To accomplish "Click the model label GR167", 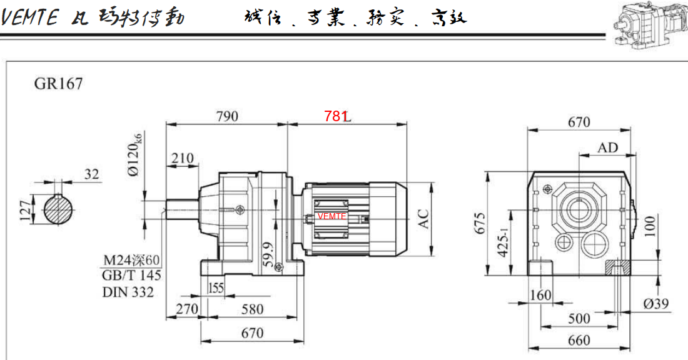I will (58, 83).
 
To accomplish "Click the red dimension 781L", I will (338, 116).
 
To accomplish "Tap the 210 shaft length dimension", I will (182, 158).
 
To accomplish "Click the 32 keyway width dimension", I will (92, 174).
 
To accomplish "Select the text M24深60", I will (132, 260).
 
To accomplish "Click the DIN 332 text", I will (128, 291).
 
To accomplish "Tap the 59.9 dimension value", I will (268, 255).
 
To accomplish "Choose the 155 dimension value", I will (216, 288).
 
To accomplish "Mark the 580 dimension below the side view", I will (252, 309).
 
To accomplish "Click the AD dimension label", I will (607, 147).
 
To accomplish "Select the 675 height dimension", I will (480, 223).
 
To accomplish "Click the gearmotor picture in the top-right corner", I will (647, 24).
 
